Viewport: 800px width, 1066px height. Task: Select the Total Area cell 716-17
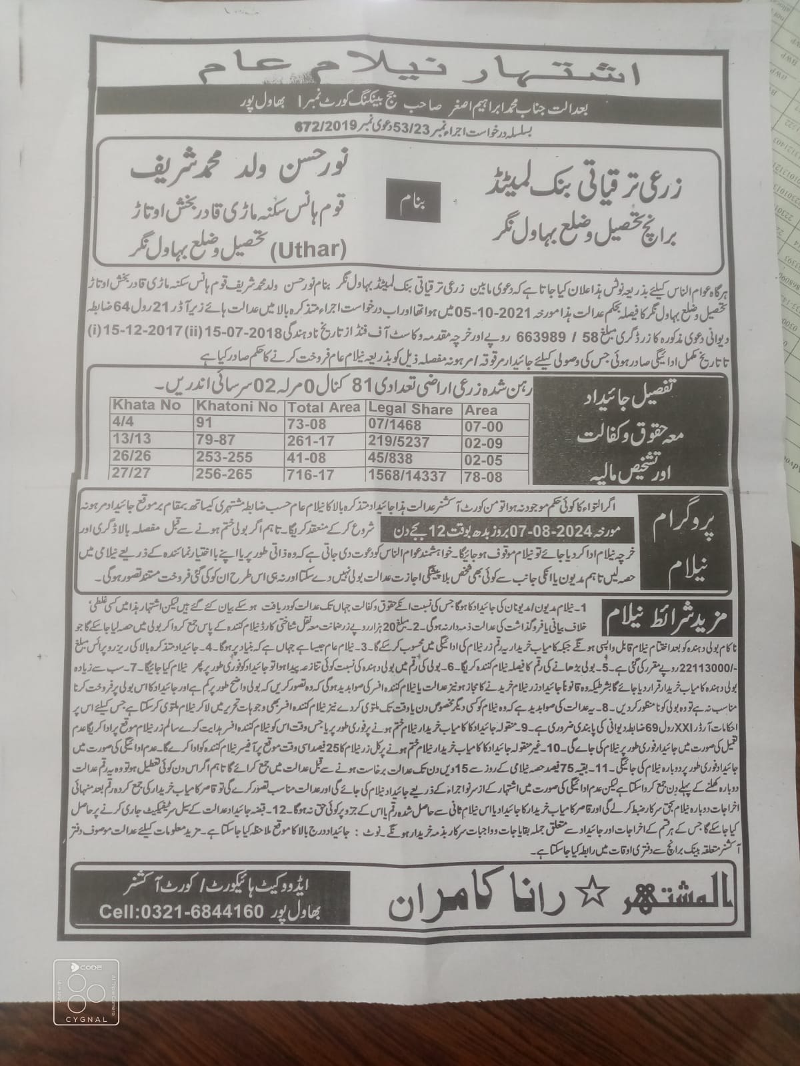click(x=308, y=474)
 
